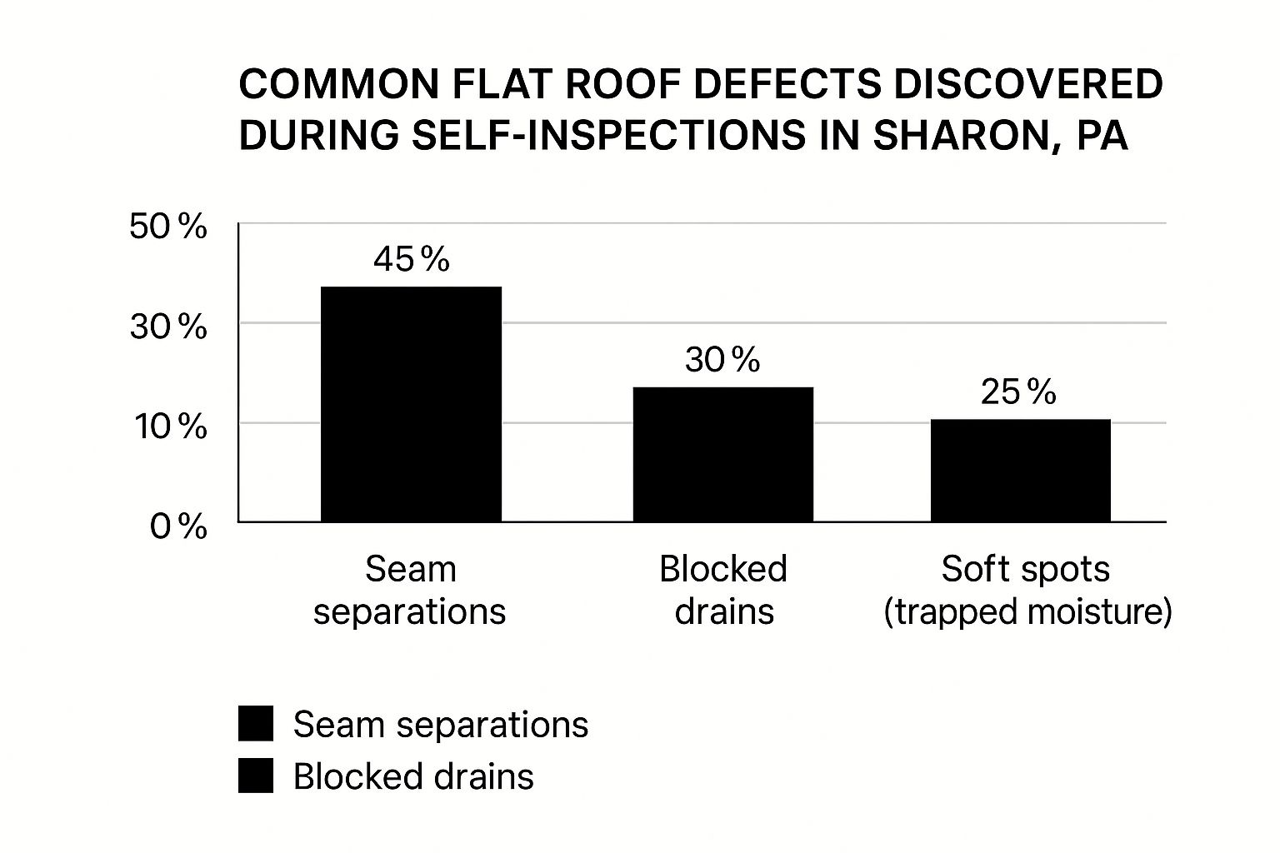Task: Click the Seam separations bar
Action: tap(411, 404)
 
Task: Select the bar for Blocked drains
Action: tap(722, 455)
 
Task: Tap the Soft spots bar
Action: tap(1020, 471)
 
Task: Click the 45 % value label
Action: tap(411, 260)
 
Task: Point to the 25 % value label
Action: tap(1018, 392)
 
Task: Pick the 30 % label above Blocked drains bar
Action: tap(722, 360)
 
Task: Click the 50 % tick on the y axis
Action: tap(168, 227)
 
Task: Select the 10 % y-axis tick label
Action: tap(168, 426)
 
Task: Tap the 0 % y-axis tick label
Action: tap(178, 526)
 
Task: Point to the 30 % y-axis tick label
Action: tap(168, 327)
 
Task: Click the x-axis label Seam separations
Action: tap(410, 591)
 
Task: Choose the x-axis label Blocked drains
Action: tap(723, 591)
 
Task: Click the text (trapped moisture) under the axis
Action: tap(1027, 612)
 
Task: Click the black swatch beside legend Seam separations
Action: tap(256, 724)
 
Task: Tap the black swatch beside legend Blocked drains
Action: tap(256, 776)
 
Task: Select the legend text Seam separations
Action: tap(440, 725)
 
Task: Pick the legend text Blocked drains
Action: tap(413, 776)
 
